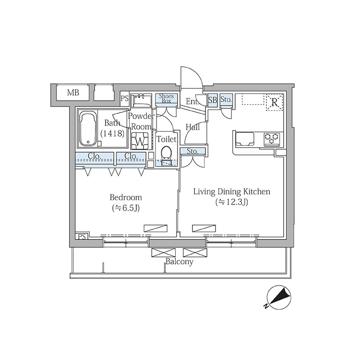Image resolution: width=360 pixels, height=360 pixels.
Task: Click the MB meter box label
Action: tap(73, 93)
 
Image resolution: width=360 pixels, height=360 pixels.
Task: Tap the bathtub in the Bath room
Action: tap(88, 128)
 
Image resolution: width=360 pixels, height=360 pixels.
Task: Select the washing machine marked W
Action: tap(140, 141)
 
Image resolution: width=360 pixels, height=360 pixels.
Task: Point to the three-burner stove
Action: tap(272, 139)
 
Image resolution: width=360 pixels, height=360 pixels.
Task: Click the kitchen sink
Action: tap(245, 139)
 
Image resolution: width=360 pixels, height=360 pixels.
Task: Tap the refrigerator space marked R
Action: tap(275, 102)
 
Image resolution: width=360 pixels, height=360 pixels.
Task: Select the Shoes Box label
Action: tap(166, 98)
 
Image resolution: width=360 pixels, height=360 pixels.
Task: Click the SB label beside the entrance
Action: tap(212, 100)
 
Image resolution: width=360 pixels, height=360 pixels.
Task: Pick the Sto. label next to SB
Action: tap(226, 100)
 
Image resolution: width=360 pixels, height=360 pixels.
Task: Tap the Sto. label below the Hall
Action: tap(192, 151)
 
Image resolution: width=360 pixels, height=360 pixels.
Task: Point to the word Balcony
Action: tap(180, 262)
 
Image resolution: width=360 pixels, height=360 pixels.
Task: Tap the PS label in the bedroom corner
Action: tap(82, 237)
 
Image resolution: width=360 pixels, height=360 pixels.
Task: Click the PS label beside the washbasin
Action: tap(125, 98)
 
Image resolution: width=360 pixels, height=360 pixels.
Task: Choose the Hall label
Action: tap(192, 127)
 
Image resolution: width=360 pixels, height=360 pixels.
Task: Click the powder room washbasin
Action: tap(141, 100)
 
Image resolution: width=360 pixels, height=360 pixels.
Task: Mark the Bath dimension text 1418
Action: tap(112, 133)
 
